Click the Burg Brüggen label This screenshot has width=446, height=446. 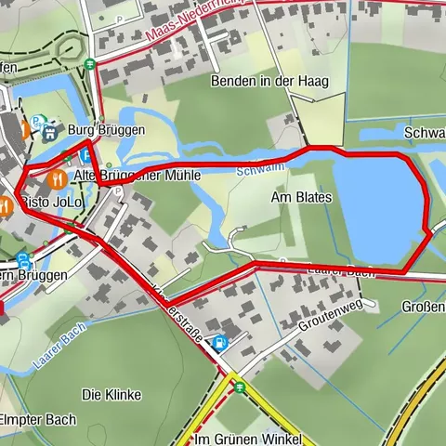pyautogui.click(x=106, y=130)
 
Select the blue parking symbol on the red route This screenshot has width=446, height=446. pyautogui.click(x=85, y=156)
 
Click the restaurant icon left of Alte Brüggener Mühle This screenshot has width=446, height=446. pyautogui.click(x=59, y=176)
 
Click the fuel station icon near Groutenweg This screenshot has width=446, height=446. pyautogui.click(x=219, y=342)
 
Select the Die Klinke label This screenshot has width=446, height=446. pyautogui.click(x=111, y=394)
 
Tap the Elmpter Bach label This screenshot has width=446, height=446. pyautogui.click(x=37, y=419)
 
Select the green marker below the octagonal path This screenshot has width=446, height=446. pyautogui.click(x=88, y=65)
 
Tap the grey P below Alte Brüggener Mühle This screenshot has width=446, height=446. pyautogui.click(x=119, y=191)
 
